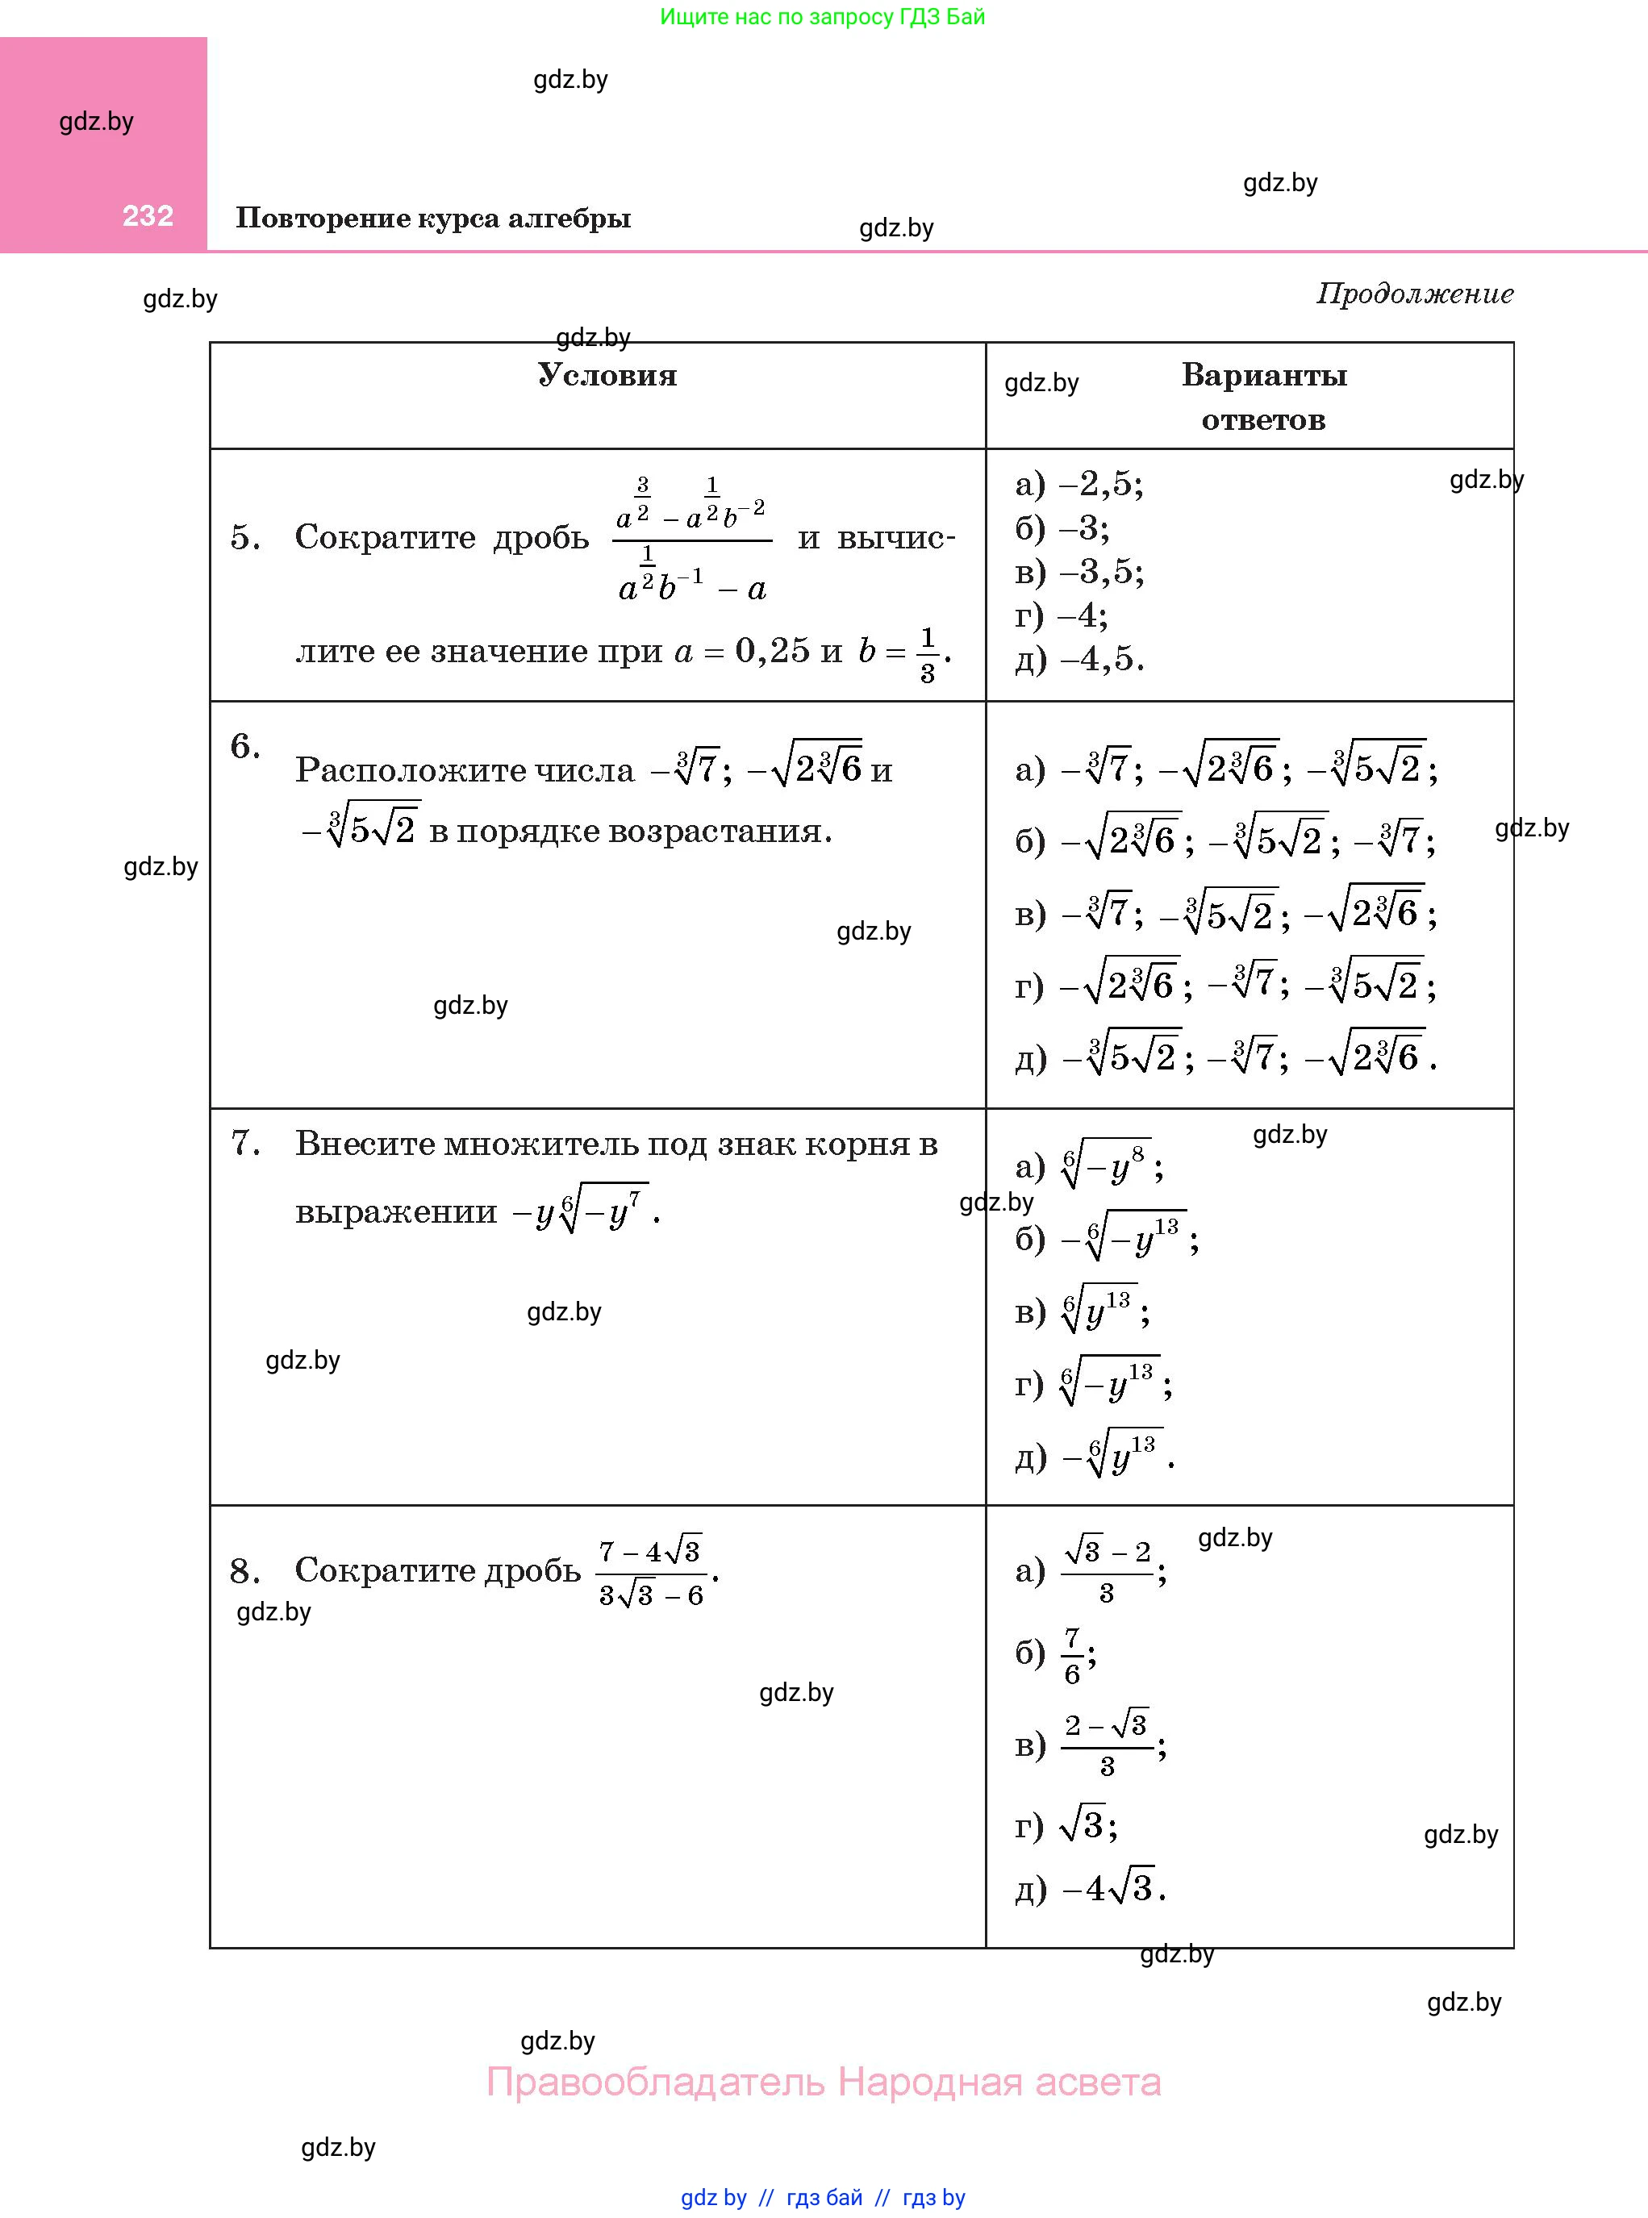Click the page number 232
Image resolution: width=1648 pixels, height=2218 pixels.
pos(148,216)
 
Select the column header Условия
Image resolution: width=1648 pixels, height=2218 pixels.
pos(607,375)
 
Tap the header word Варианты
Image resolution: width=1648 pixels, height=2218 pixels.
pos(1264,375)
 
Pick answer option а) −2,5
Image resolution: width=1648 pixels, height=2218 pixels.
pos(1079,485)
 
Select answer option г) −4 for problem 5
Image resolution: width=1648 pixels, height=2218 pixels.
pos(1062,615)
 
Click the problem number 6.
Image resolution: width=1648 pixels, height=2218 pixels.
pos(244,747)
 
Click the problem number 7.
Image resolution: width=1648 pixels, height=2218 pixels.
pos(244,1143)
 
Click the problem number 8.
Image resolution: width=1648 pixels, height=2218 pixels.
pos(244,1572)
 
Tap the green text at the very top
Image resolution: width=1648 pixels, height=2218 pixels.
pos(822,17)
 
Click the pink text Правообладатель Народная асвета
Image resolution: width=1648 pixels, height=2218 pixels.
pos(823,2082)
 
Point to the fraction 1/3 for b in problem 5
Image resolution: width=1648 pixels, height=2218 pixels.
pos(927,655)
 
